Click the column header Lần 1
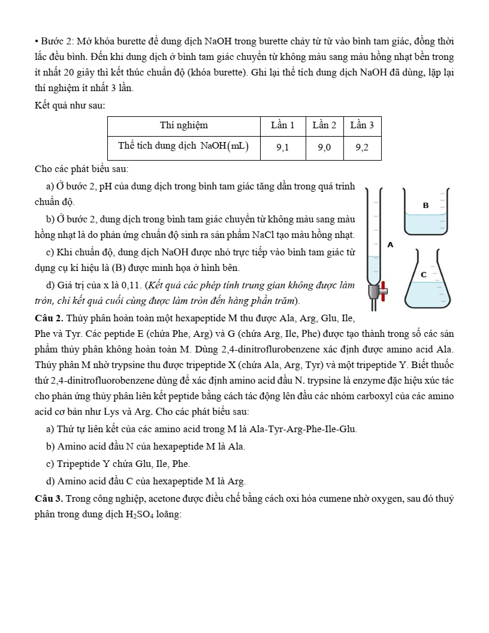point(283,125)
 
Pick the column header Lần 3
point(362,125)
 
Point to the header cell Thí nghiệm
point(184,125)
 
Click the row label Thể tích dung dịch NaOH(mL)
point(183,146)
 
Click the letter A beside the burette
point(390,245)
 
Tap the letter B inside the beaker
point(426,205)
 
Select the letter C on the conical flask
point(423,274)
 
